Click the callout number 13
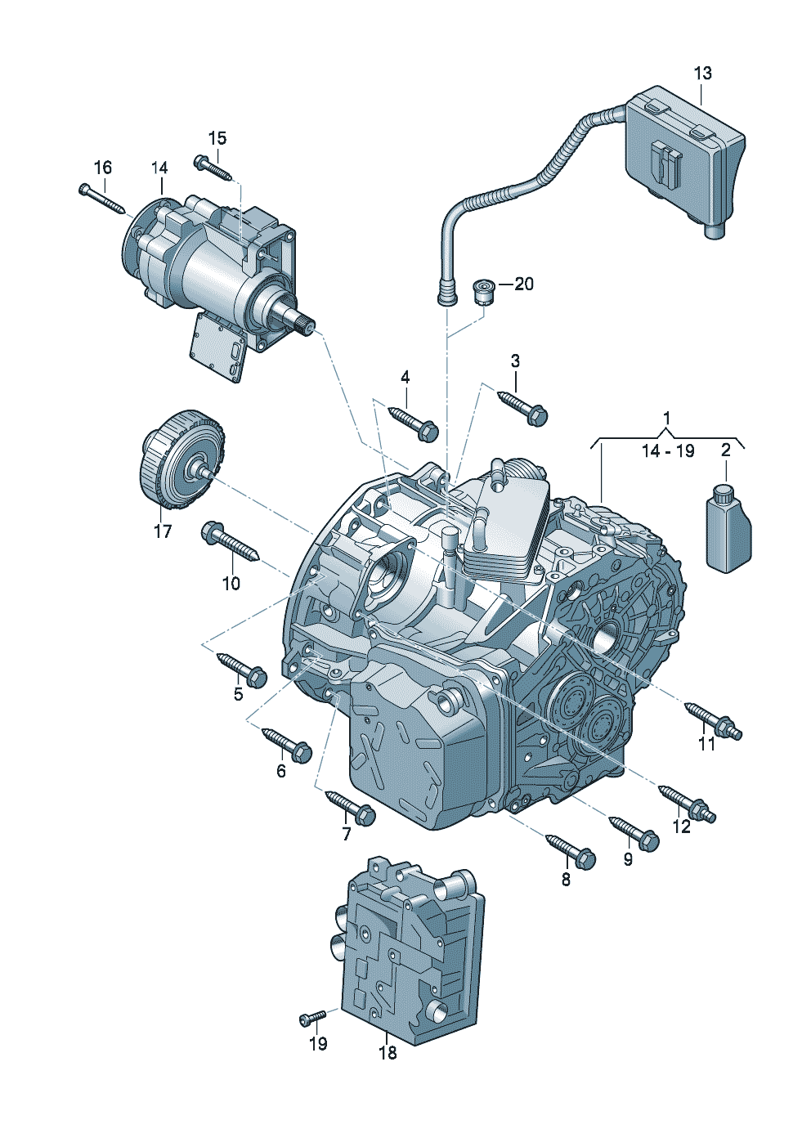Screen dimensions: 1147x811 click(x=702, y=73)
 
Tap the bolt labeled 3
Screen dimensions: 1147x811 click(x=523, y=407)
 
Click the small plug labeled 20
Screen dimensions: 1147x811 click(x=485, y=289)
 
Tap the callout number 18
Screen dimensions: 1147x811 click(x=388, y=1053)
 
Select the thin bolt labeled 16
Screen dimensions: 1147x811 click(x=101, y=197)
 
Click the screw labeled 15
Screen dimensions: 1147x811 click(x=214, y=167)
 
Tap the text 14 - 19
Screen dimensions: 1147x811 click(x=667, y=451)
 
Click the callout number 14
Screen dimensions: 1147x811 click(x=159, y=168)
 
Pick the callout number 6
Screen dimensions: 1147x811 click(x=281, y=771)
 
